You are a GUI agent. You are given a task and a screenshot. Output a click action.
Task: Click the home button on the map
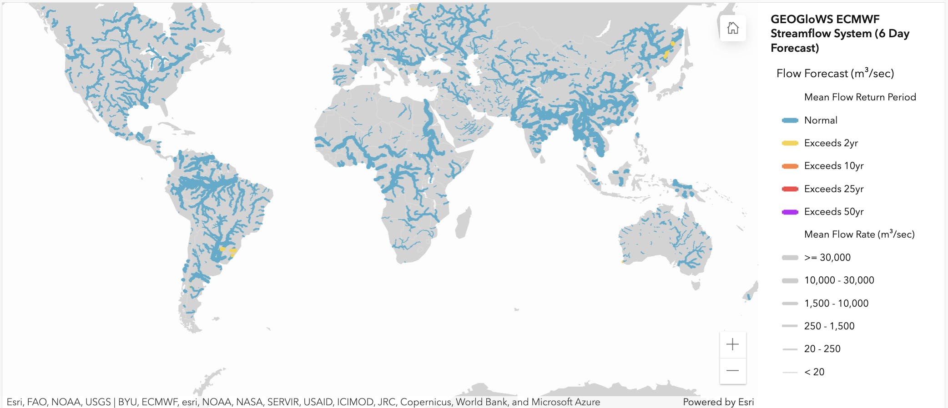pos(732,28)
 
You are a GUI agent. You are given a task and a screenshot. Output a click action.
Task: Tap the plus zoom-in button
pos(732,344)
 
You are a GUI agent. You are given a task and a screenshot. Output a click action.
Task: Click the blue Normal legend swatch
pos(790,120)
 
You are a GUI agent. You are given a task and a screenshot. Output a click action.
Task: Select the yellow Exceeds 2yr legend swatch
pos(790,143)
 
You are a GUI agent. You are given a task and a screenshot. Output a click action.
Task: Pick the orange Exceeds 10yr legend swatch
pos(790,166)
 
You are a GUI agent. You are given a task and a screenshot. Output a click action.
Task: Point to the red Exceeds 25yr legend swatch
pos(790,189)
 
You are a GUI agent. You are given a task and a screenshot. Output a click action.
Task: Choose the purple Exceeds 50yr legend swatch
pos(790,212)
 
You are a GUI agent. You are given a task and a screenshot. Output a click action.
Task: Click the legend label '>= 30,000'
pos(827,258)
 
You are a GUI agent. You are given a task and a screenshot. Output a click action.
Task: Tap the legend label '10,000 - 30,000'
pos(839,280)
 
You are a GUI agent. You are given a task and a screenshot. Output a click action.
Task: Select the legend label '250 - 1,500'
pos(829,326)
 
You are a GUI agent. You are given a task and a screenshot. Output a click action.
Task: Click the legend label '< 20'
pos(814,372)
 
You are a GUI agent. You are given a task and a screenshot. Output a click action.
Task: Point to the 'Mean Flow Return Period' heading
pos(860,97)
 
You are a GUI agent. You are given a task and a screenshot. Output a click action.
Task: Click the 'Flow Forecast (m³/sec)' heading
pos(835,74)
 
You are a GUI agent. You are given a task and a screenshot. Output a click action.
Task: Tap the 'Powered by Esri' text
pos(718,402)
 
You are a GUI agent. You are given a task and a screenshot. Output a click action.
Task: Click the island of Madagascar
pos(463,223)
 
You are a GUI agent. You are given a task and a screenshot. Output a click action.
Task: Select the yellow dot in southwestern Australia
pos(623,262)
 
